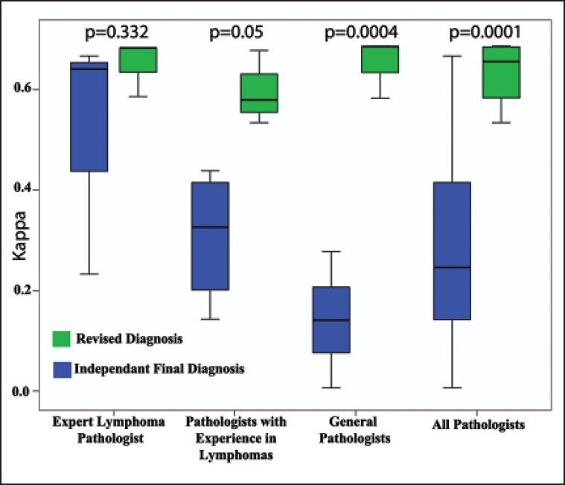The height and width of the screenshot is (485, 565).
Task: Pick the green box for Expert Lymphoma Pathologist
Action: point(138,60)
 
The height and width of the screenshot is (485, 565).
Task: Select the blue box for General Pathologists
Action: point(331,319)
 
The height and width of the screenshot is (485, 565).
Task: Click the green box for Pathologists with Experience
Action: point(258,93)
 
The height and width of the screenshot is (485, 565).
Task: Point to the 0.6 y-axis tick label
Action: point(29,89)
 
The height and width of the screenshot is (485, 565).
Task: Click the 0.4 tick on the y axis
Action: point(29,189)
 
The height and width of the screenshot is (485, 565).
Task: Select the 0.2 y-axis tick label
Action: point(29,290)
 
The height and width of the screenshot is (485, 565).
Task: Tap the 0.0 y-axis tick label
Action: point(29,390)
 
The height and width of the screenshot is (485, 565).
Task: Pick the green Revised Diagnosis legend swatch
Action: point(61,339)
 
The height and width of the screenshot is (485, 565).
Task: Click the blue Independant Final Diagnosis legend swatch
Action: point(61,367)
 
